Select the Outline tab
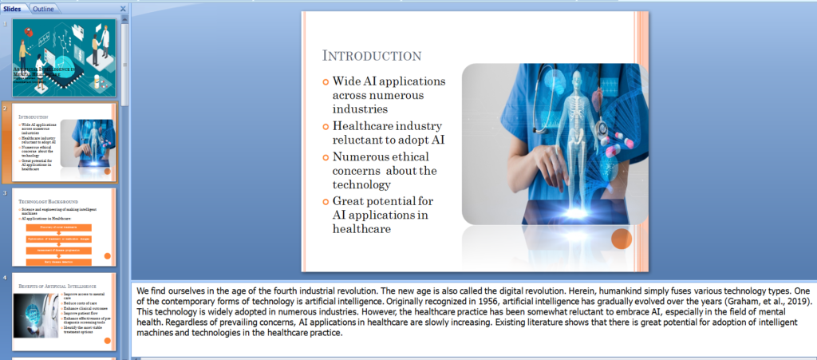pyautogui.click(x=44, y=8)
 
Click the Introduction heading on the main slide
pyautogui.click(x=371, y=56)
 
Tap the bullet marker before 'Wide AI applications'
pyautogui.click(x=325, y=81)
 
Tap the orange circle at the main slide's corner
pyautogui.click(x=622, y=239)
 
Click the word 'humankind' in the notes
pyautogui.click(x=574, y=291)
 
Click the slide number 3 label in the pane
pyautogui.click(x=5, y=193)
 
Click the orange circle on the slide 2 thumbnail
pyautogui.click(x=107, y=171)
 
